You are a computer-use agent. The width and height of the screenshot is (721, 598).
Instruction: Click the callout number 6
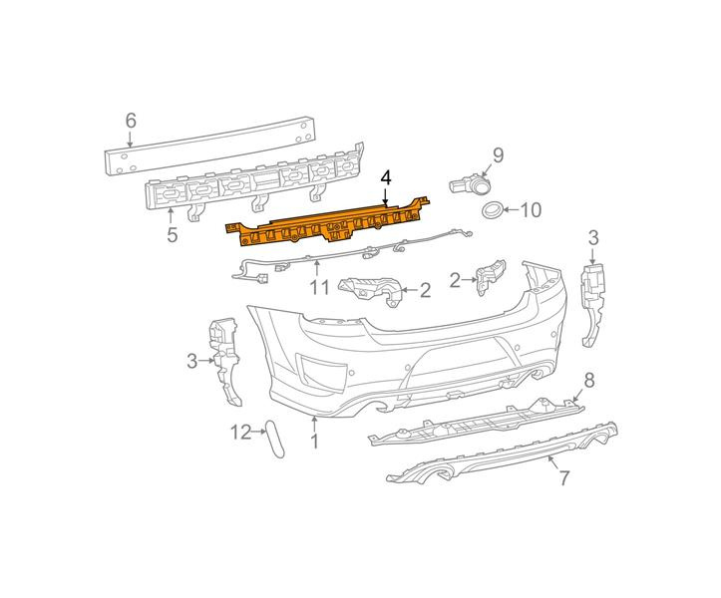point(131,121)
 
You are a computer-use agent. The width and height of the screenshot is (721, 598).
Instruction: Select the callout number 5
point(172,235)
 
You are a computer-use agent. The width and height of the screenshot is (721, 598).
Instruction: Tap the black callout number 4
point(385,177)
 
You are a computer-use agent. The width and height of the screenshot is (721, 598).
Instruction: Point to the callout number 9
point(498,154)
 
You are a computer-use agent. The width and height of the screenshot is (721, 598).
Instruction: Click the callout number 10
point(531,210)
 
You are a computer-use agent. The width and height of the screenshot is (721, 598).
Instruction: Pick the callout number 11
point(319,287)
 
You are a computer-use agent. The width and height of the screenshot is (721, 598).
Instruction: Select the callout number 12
point(241,432)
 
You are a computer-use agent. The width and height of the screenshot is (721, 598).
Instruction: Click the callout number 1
point(314,441)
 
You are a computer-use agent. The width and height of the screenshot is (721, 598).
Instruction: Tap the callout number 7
point(563,478)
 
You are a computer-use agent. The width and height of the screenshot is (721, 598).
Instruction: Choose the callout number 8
point(589,380)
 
